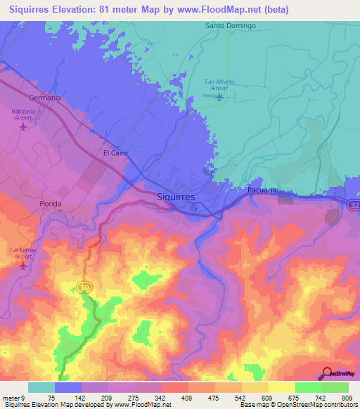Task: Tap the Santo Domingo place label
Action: (230, 26)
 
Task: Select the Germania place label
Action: (45, 98)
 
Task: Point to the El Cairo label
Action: (114, 152)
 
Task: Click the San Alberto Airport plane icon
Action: (219, 97)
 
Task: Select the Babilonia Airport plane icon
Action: (23, 127)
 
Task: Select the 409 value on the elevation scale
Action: (188, 398)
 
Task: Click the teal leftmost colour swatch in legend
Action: (41, 387)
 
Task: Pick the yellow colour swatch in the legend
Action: (281, 387)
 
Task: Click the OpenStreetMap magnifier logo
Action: (327, 372)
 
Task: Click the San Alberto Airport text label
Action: (219, 84)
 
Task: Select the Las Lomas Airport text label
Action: (24, 254)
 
